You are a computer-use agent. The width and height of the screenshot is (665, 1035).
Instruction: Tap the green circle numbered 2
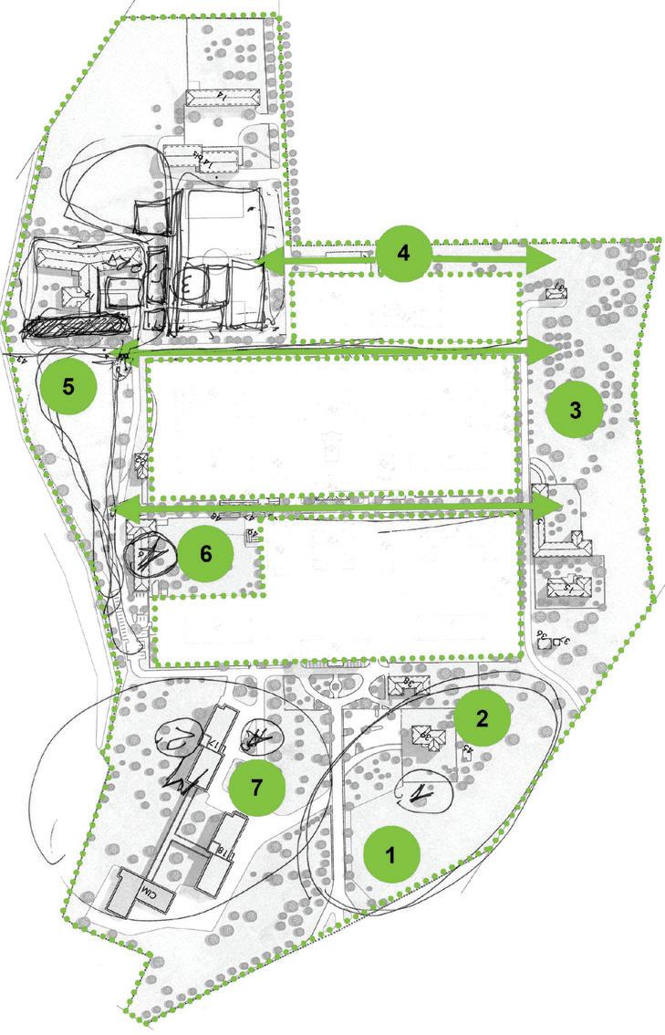[x=482, y=718]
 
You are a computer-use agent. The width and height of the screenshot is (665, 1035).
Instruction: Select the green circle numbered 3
[x=575, y=409]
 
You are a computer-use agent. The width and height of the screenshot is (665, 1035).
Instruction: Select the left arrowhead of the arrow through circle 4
[x=265, y=261]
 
